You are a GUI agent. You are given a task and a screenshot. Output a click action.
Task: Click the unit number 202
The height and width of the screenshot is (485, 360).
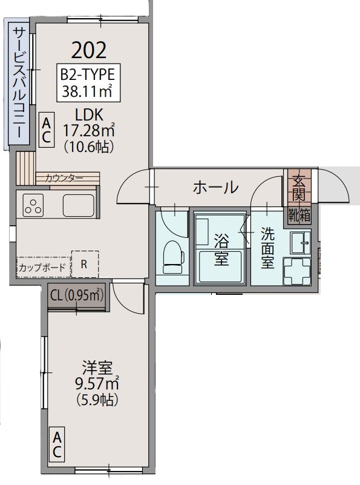click(89, 50)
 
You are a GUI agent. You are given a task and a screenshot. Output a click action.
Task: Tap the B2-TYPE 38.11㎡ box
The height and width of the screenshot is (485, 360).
click(88, 82)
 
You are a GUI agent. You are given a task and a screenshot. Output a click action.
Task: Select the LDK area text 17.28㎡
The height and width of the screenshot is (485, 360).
click(89, 130)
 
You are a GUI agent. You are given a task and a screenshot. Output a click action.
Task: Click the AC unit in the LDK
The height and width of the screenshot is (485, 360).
click(47, 130)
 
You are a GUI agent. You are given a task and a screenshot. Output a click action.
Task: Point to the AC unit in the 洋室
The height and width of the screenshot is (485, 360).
click(56, 444)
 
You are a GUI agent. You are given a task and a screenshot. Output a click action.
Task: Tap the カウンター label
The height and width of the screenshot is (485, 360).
click(64, 178)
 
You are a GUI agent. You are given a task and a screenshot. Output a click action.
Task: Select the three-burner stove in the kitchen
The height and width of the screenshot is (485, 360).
click(33, 206)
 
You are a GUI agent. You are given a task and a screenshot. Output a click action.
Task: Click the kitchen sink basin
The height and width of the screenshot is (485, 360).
click(79, 206)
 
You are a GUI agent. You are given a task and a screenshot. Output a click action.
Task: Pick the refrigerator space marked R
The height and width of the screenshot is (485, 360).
click(85, 264)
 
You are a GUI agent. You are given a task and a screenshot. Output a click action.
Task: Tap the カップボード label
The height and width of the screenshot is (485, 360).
click(42, 267)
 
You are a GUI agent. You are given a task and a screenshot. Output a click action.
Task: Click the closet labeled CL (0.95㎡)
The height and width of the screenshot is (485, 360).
click(77, 296)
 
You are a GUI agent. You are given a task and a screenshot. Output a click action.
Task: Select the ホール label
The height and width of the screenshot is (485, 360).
click(215, 187)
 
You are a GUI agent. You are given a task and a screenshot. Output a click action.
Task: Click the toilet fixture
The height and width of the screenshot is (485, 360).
click(174, 257)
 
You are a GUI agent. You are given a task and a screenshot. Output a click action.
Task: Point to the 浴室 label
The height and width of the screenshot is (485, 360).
click(221, 249)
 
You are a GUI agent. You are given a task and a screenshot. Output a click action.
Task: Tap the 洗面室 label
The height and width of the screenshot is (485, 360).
click(267, 248)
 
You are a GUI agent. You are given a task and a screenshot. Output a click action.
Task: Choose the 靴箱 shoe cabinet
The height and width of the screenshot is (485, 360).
click(299, 215)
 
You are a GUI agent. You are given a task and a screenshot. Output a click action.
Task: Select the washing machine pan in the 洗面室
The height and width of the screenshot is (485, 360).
click(297, 271)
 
